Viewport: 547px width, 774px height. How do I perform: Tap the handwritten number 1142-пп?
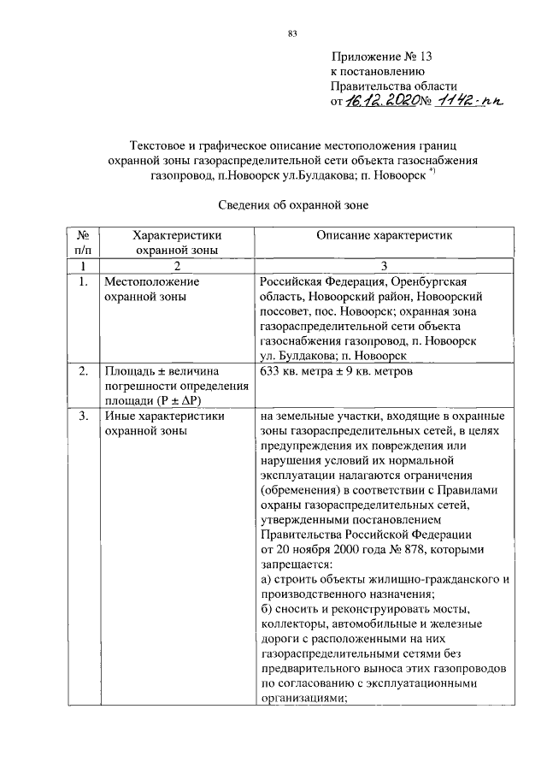click(x=470, y=101)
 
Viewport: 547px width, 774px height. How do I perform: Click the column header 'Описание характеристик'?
click(x=384, y=234)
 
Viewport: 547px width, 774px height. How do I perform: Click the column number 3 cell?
click(x=384, y=266)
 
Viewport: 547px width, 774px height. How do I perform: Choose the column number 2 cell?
click(x=177, y=266)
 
